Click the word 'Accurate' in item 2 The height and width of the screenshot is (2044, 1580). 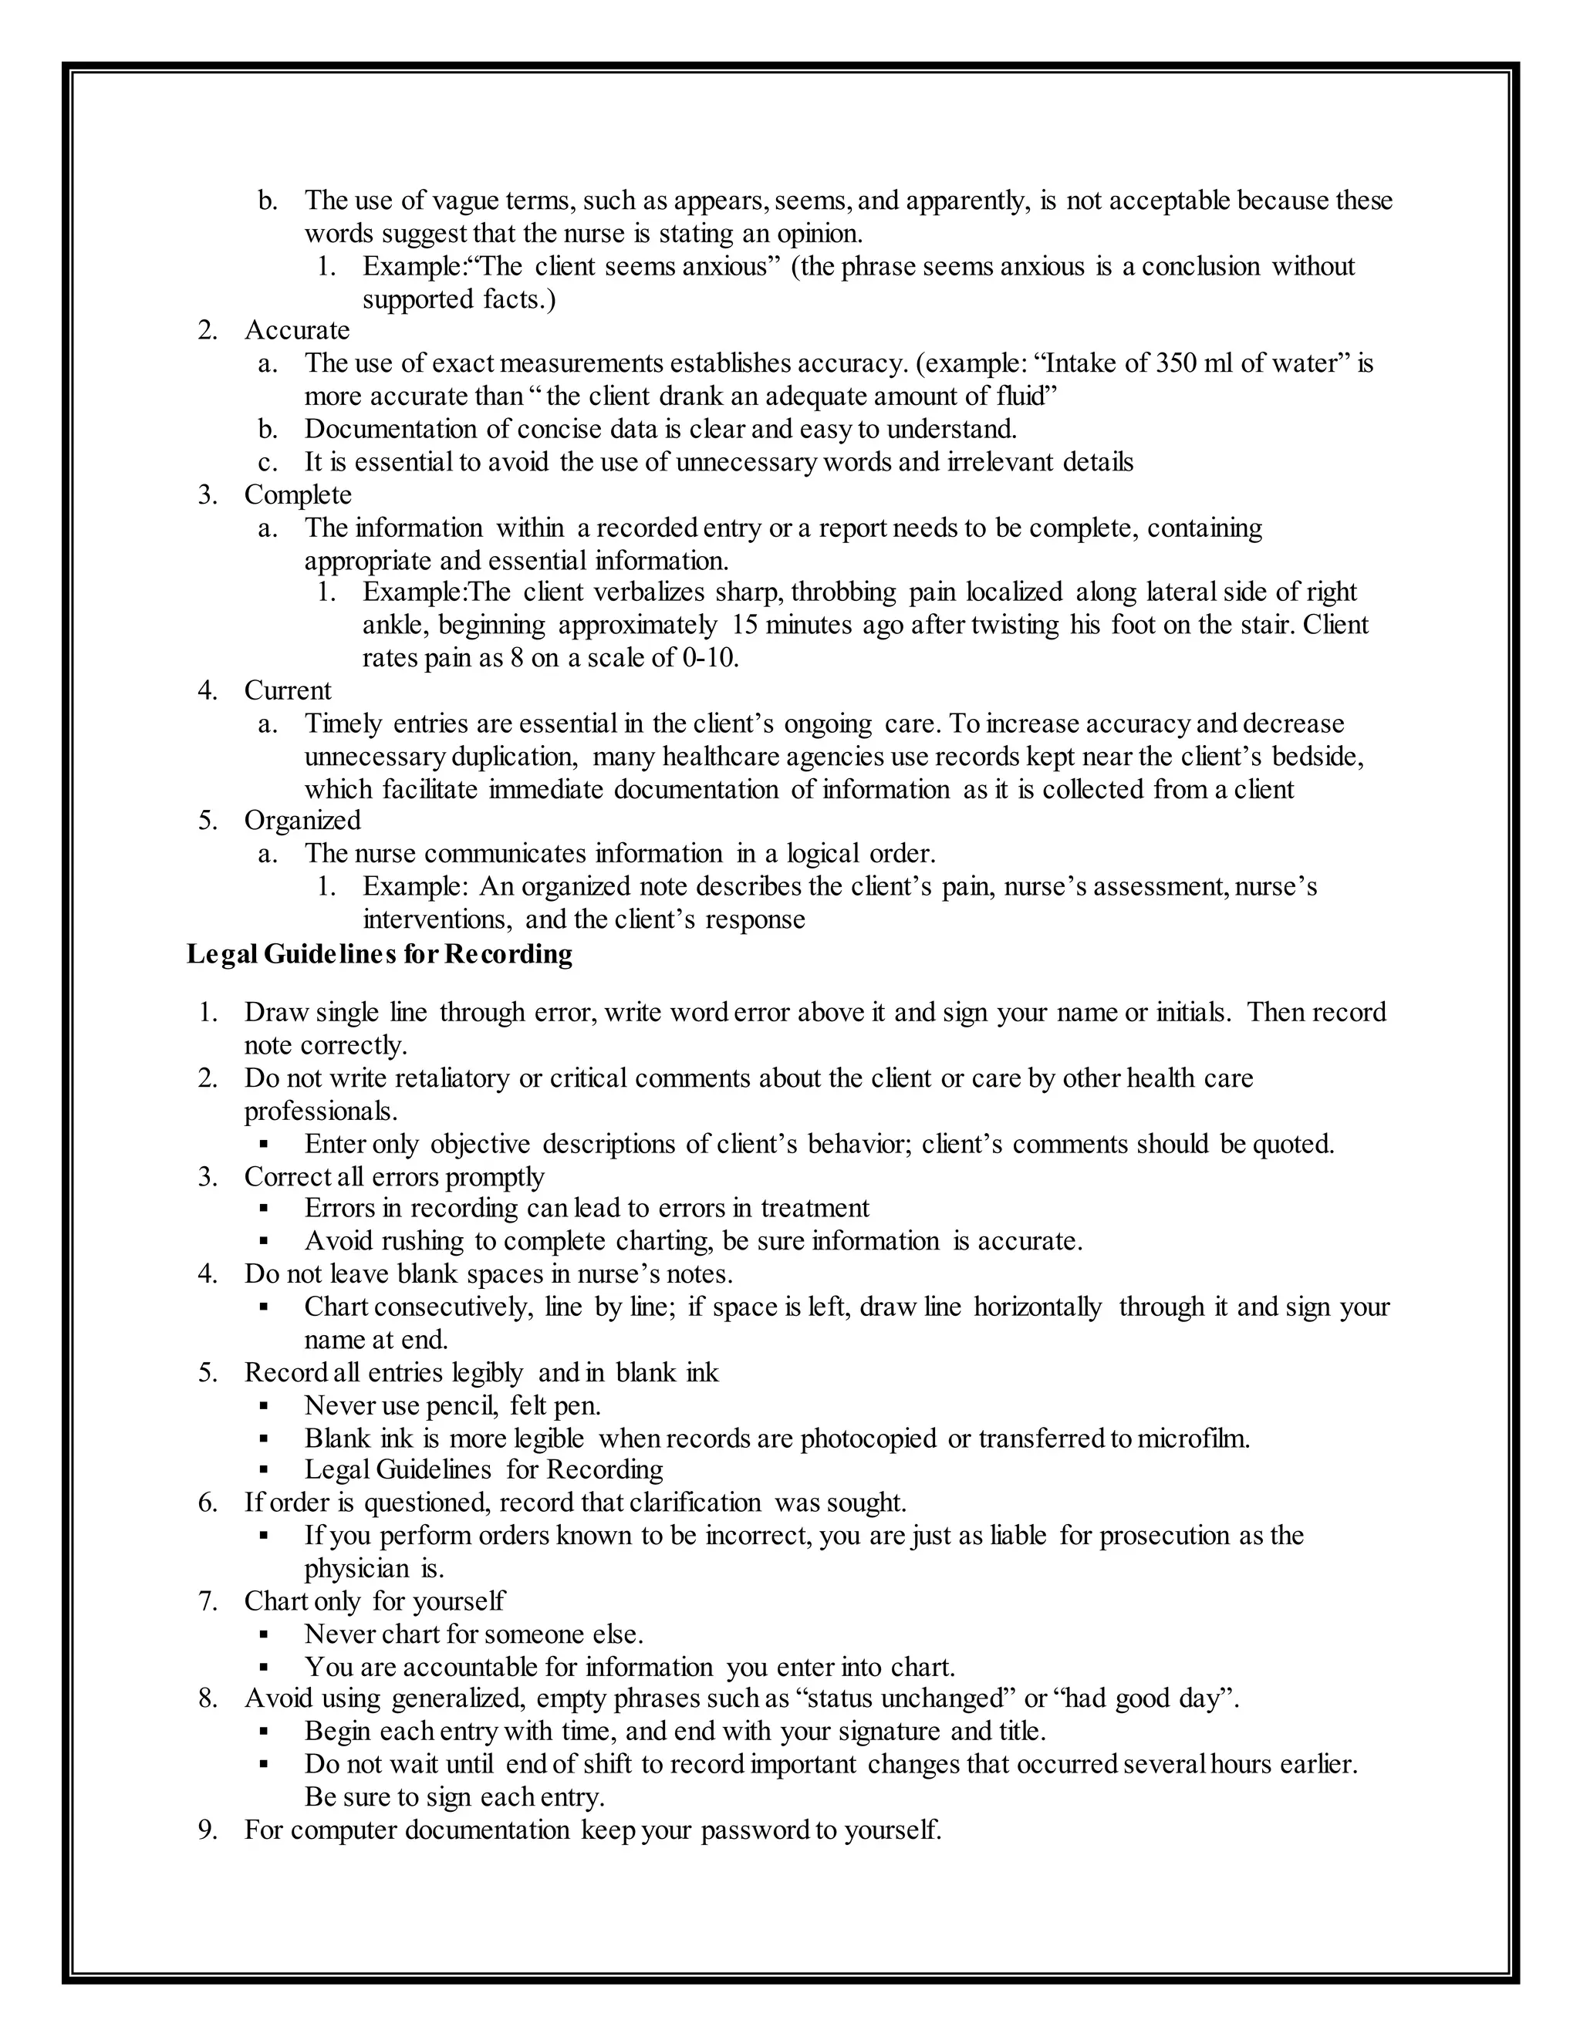[x=297, y=329]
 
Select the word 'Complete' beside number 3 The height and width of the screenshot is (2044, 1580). [x=298, y=494]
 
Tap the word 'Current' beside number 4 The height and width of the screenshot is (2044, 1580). [x=287, y=690]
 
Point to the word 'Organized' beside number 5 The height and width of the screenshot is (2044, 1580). [x=302, y=820]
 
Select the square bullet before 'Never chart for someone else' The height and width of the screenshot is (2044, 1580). [x=264, y=1634]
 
